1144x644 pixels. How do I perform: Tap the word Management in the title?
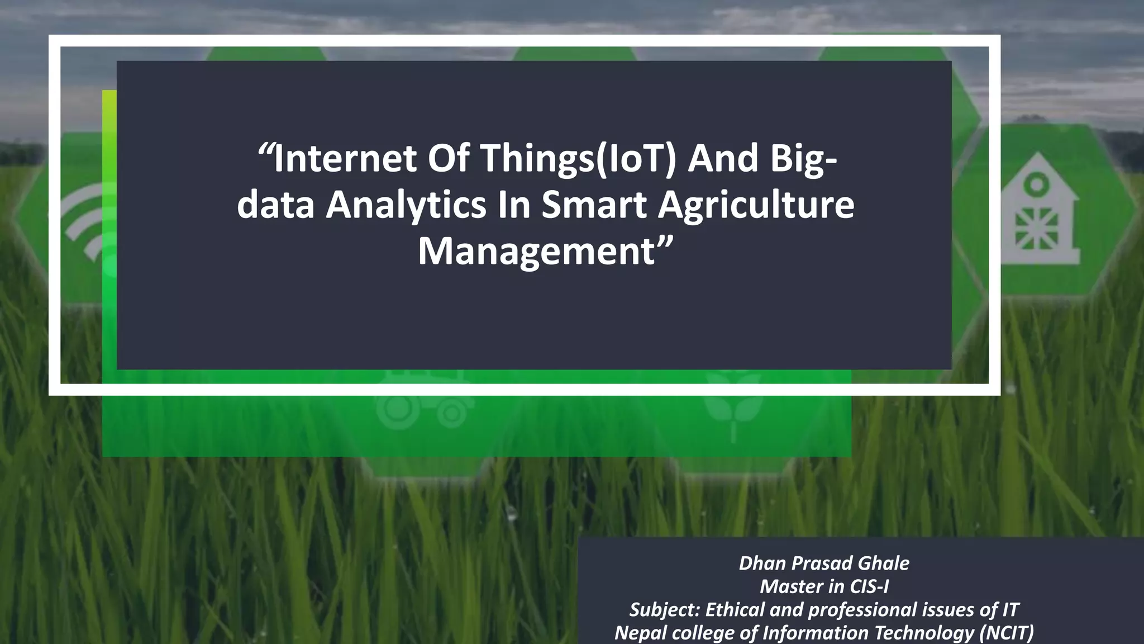pos(536,252)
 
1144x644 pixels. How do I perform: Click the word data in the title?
pos(276,205)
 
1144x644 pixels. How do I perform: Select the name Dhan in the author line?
pos(762,563)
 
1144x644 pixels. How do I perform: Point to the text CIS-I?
pos(869,586)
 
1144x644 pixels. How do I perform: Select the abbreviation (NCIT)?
pos(1006,633)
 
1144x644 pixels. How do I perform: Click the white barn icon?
pos(1038,212)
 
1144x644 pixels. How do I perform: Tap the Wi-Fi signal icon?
pos(84,224)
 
